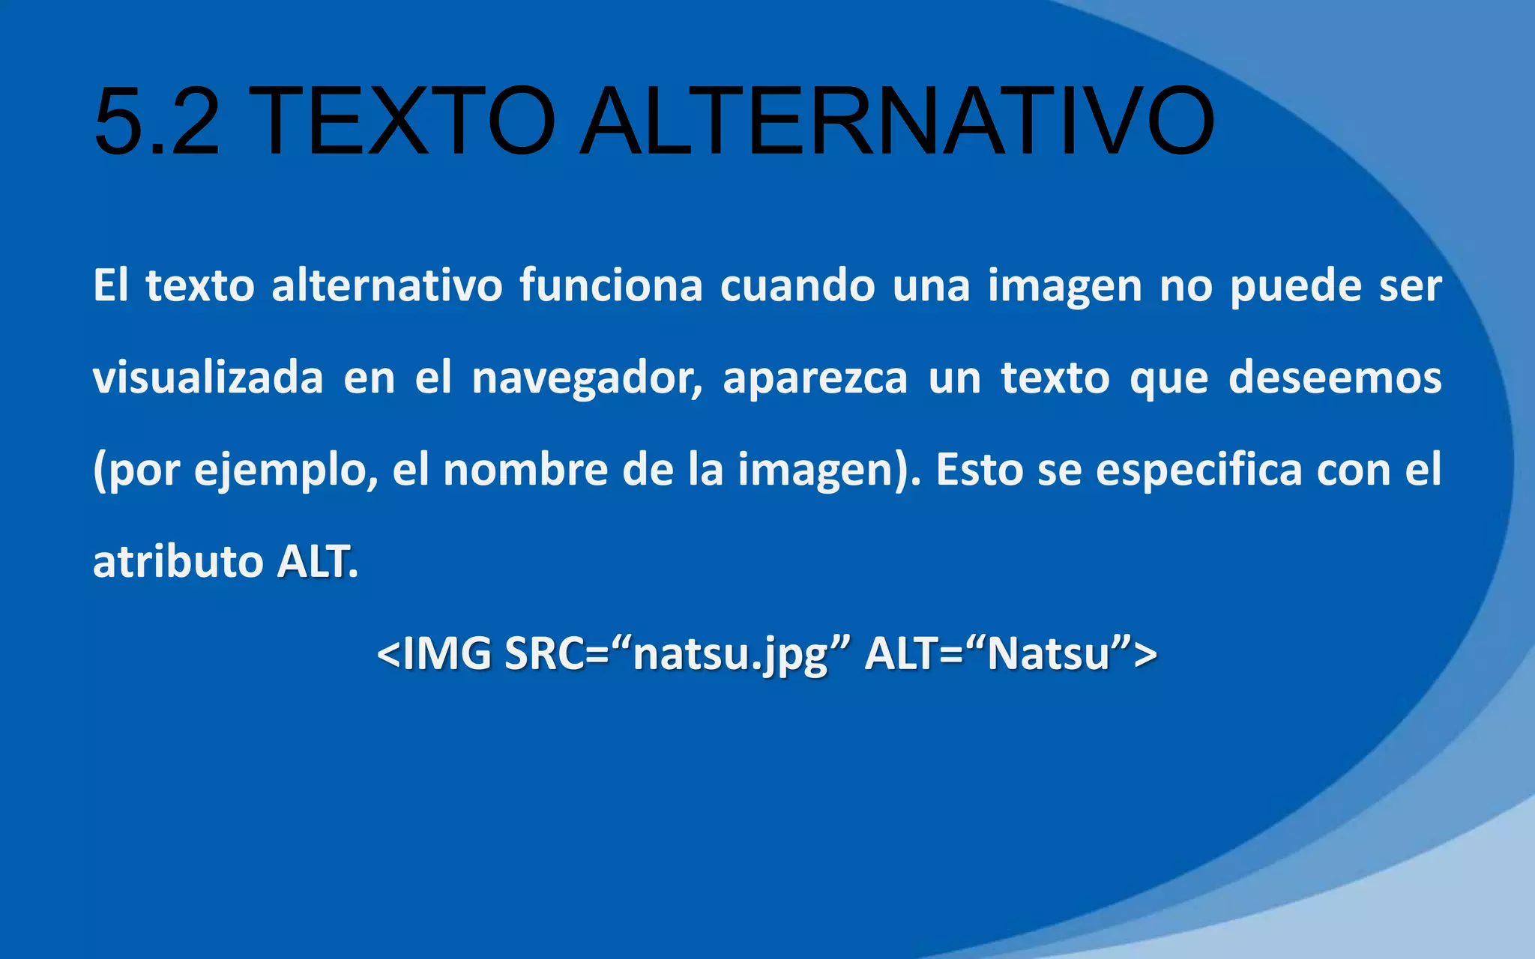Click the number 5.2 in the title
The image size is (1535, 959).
(157, 121)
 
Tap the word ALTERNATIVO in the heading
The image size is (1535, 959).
(896, 121)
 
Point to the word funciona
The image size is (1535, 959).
(611, 286)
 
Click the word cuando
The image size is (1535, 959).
(797, 286)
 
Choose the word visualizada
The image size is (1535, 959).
(208, 378)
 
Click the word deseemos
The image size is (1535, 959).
(1335, 378)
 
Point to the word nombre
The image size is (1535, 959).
(525, 471)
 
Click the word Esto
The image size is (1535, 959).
(980, 471)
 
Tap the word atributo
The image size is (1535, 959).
(178, 562)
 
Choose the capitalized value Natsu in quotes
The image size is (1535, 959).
(1048, 653)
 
